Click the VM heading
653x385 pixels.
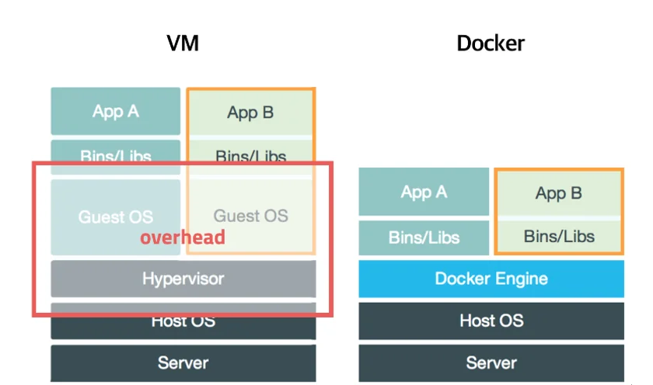[x=183, y=43]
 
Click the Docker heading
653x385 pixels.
[x=491, y=43]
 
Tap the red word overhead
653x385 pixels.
[x=183, y=238]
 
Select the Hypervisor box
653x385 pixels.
[x=183, y=278]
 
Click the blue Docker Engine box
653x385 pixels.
[x=491, y=279]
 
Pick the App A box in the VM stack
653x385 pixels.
[x=116, y=111]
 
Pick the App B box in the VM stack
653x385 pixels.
[x=250, y=113]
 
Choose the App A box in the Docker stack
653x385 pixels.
[x=424, y=192]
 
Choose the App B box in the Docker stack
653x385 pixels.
[x=559, y=193]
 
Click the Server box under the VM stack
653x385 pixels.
[x=183, y=362]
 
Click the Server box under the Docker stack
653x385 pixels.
[x=491, y=362]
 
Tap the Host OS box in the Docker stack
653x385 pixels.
[x=491, y=321]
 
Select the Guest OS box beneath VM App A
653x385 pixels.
[x=116, y=217]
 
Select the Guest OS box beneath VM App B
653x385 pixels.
[x=250, y=216]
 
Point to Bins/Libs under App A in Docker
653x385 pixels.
[x=424, y=238]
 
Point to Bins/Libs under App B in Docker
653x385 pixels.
[x=559, y=236]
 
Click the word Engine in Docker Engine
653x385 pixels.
[x=522, y=279]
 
